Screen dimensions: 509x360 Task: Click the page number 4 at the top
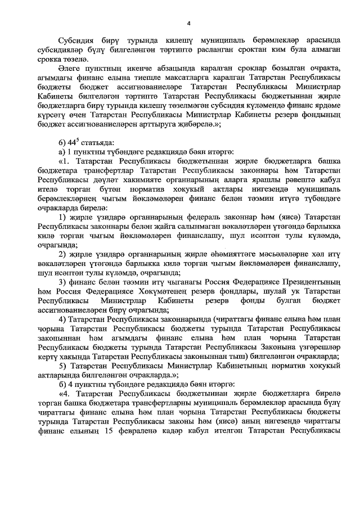click(188, 23)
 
